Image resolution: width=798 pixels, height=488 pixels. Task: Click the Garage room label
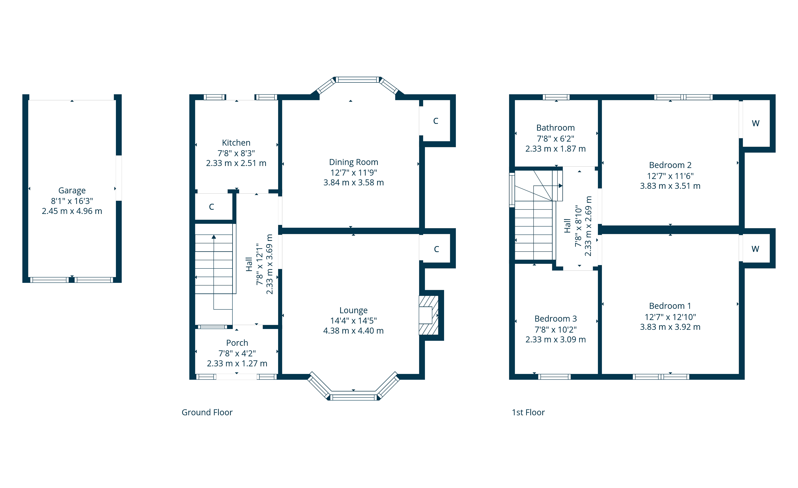(72, 190)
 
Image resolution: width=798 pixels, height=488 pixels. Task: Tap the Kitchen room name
(236, 143)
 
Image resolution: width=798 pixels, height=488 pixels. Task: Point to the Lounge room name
(353, 310)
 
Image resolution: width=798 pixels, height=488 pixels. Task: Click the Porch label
(237, 343)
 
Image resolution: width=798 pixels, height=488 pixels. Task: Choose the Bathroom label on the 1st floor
(555, 128)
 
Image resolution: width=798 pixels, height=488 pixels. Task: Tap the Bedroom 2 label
(670, 165)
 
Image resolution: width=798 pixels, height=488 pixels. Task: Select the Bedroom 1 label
(670, 306)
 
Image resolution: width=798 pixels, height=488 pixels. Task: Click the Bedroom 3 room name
(555, 319)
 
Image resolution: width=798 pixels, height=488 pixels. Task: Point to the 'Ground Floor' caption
(207, 412)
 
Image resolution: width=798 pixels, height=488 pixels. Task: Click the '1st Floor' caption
(528, 412)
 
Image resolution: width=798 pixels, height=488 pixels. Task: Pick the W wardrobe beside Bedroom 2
(756, 123)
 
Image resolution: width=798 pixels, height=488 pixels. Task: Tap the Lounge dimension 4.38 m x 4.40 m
(353, 331)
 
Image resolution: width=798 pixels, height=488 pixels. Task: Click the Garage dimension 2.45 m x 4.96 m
(72, 211)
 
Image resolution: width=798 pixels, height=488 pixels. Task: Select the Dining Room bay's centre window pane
(358, 80)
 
